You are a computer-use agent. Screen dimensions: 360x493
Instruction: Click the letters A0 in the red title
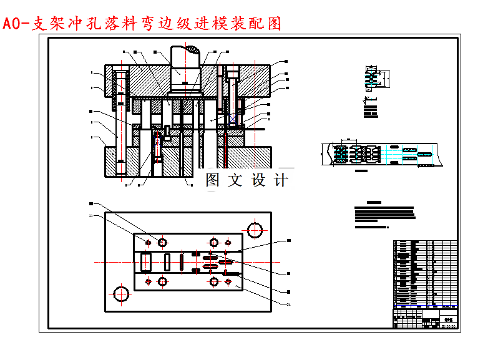pyautogui.click(x=11, y=24)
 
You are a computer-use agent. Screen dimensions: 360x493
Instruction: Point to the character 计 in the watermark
pyautogui.click(x=281, y=180)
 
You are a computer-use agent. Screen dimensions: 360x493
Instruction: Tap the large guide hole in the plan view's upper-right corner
pyautogui.click(x=255, y=230)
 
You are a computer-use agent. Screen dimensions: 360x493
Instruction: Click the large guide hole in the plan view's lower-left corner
pyautogui.click(x=122, y=292)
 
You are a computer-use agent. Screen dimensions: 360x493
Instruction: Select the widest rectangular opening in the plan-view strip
pyautogui.click(x=145, y=262)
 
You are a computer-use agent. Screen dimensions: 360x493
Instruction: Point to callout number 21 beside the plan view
pyautogui.click(x=91, y=216)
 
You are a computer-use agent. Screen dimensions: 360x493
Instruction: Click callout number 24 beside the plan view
pyautogui.click(x=288, y=304)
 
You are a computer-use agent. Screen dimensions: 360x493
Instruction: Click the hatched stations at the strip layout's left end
pyautogui.click(x=341, y=153)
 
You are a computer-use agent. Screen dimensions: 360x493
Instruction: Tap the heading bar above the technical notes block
pyautogui.click(x=374, y=202)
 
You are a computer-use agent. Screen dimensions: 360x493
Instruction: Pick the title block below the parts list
pyautogui.click(x=425, y=318)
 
